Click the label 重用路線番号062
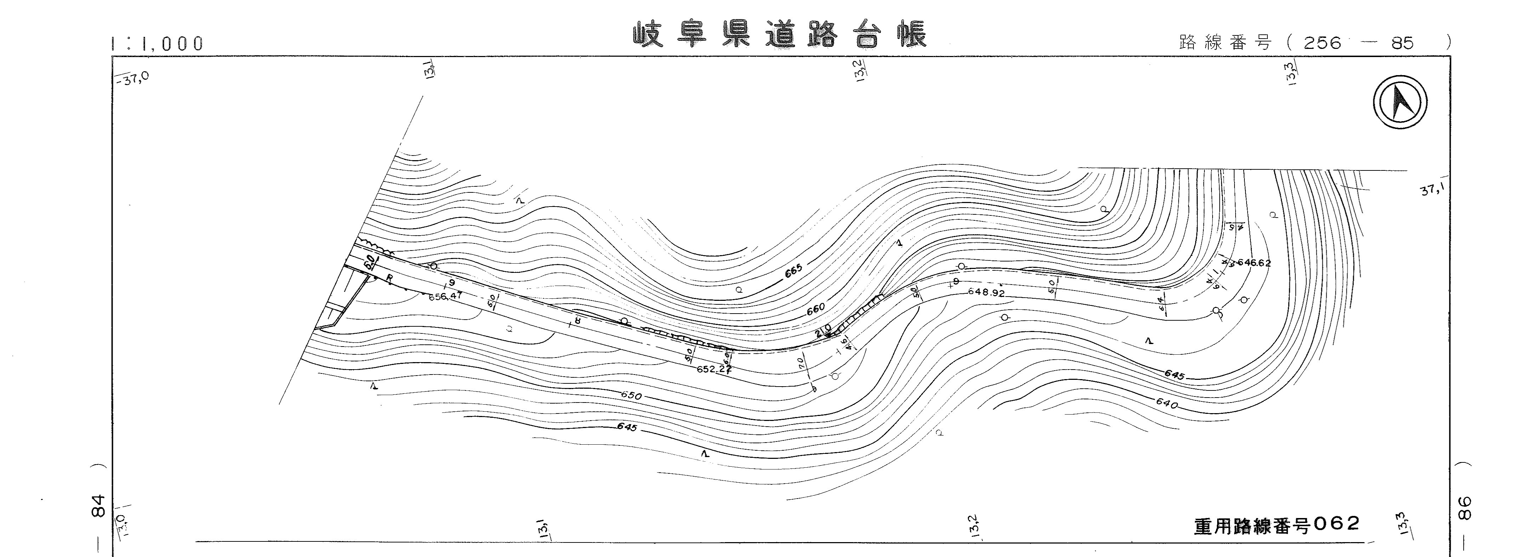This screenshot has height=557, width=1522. tap(1277, 524)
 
